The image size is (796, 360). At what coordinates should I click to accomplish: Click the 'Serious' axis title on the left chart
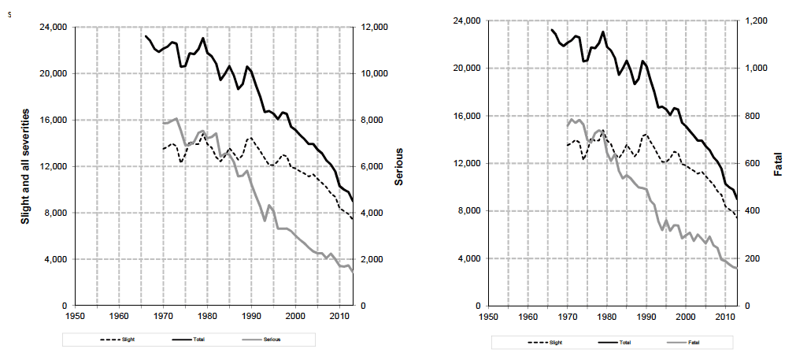(398, 166)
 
